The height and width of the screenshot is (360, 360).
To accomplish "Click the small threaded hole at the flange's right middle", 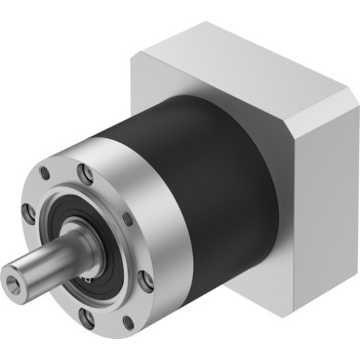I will (128, 218).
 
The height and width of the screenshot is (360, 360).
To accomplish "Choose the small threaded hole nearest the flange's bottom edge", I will (128, 322).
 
